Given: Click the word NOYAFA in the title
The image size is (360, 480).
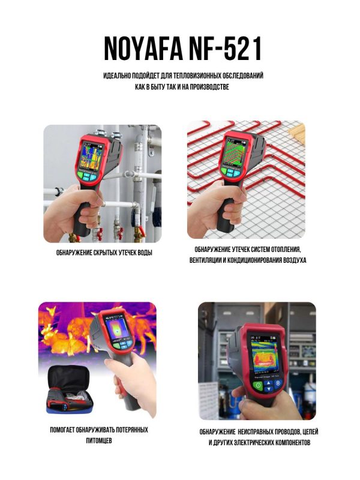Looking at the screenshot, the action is coord(143,49).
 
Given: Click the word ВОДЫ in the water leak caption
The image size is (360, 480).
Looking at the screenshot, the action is coord(145,253).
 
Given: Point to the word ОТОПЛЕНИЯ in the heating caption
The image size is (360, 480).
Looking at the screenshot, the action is coord(287,250).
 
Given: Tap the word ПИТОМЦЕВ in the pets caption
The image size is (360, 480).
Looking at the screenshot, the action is coord(99,441).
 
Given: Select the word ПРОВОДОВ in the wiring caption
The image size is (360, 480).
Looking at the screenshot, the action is coord(284,432).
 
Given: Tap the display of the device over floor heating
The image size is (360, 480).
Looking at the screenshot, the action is coord(234,152).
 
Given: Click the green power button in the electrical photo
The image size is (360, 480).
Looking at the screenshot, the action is coord(258,385).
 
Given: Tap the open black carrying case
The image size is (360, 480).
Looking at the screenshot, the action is coord(70,389).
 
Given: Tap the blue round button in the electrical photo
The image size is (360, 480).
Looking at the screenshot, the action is coord(278,383).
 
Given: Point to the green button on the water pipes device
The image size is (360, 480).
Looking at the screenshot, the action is coord(80,175).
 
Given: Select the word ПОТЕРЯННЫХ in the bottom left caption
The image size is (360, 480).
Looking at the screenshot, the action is coord(132,430).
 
